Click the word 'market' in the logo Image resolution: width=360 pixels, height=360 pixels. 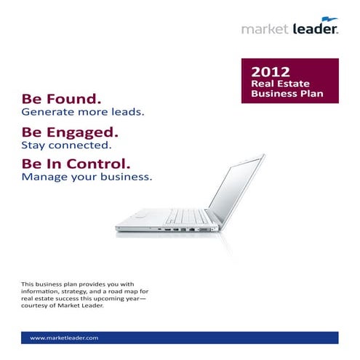pos(265,29)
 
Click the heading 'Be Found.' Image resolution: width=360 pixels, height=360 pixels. pos(61,98)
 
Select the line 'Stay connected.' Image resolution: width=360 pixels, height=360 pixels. pos(60,145)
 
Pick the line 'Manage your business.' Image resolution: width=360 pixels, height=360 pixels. pos(87,177)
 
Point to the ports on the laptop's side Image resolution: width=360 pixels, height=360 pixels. pos(182,230)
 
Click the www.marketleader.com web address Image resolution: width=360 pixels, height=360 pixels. pos(64,338)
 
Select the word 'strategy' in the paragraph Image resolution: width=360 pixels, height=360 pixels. pos(69,290)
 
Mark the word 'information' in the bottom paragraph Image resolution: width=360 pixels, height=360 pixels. pos(39,290)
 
